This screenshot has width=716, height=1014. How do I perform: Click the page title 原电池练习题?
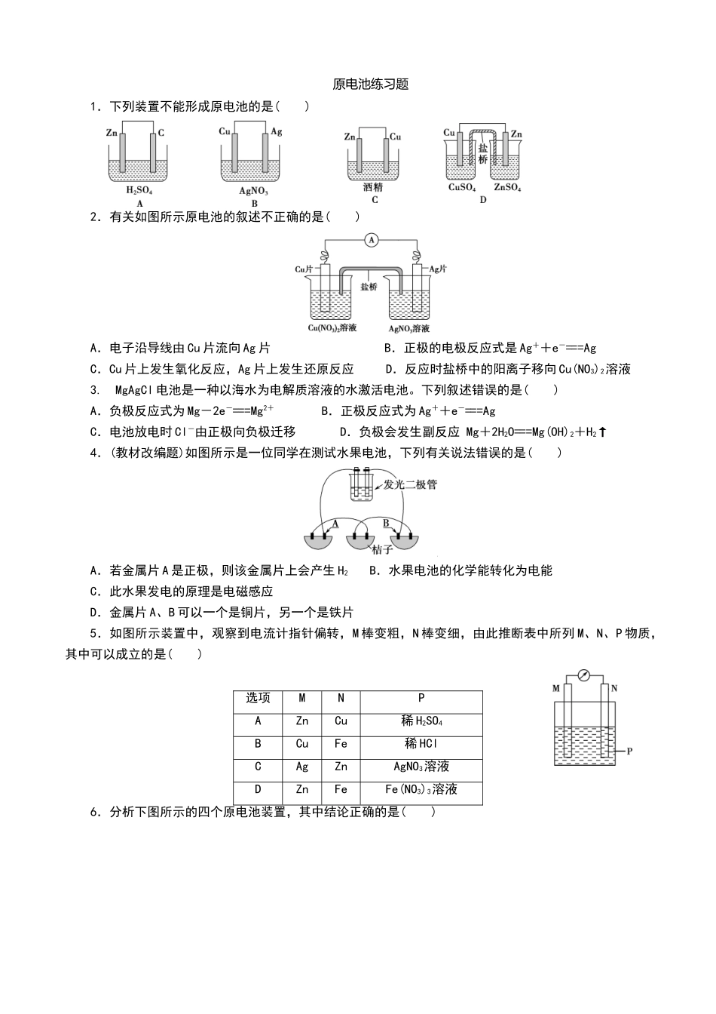370,84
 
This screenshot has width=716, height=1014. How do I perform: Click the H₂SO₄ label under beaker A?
139,191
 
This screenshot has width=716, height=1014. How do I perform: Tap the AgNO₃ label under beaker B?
254,191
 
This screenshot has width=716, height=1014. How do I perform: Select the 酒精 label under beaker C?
373,188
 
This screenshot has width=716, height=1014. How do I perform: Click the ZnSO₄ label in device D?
507,188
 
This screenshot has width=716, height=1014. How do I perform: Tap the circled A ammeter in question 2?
370,240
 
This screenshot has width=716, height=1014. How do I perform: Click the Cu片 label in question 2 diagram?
304,269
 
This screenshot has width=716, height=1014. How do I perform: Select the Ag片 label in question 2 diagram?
438,269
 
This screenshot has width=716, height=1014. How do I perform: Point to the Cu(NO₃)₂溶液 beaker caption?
332,328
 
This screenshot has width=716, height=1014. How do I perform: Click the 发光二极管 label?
410,484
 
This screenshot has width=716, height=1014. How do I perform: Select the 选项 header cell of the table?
258,699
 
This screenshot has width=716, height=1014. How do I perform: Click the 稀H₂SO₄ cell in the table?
421,721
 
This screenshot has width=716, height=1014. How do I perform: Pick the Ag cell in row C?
302,767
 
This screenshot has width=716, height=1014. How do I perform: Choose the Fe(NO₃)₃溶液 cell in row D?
421,789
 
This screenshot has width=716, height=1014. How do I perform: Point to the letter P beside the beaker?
629,751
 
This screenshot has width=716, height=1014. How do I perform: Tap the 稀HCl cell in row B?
421,744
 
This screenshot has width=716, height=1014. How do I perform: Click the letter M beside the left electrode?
556,688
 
